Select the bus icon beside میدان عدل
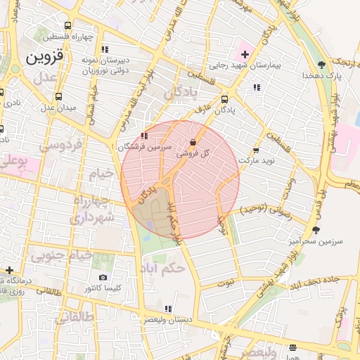58,96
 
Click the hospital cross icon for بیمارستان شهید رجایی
245,54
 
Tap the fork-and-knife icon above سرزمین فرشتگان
144,136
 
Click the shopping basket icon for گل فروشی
193,142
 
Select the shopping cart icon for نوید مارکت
256,150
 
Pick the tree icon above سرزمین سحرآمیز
316,229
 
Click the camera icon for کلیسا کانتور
103,278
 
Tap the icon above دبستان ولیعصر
167,309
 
